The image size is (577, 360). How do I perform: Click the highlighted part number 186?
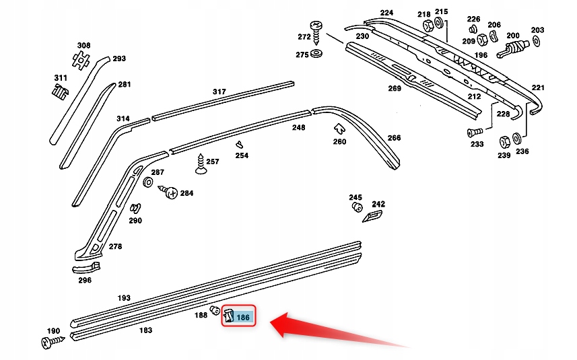[x=244, y=316]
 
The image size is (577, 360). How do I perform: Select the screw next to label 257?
[x=200, y=164]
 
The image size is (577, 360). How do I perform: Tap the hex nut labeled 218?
[x=427, y=26]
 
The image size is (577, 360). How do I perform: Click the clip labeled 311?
[x=59, y=91]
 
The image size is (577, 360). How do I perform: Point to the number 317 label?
[x=219, y=92]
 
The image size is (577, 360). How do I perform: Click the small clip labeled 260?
[x=339, y=128]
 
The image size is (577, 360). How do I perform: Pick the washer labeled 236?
[x=516, y=139]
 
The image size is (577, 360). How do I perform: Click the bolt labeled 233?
[x=473, y=131]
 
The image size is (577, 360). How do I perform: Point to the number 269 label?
[x=395, y=88]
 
